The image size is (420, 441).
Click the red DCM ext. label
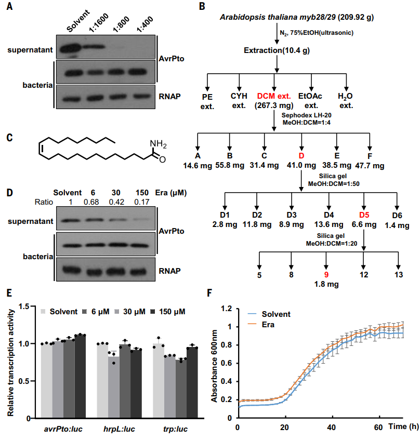point(274,96)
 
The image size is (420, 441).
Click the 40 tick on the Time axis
point(331,427)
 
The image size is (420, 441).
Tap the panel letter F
point(210,291)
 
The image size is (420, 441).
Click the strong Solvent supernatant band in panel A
point(72,49)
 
